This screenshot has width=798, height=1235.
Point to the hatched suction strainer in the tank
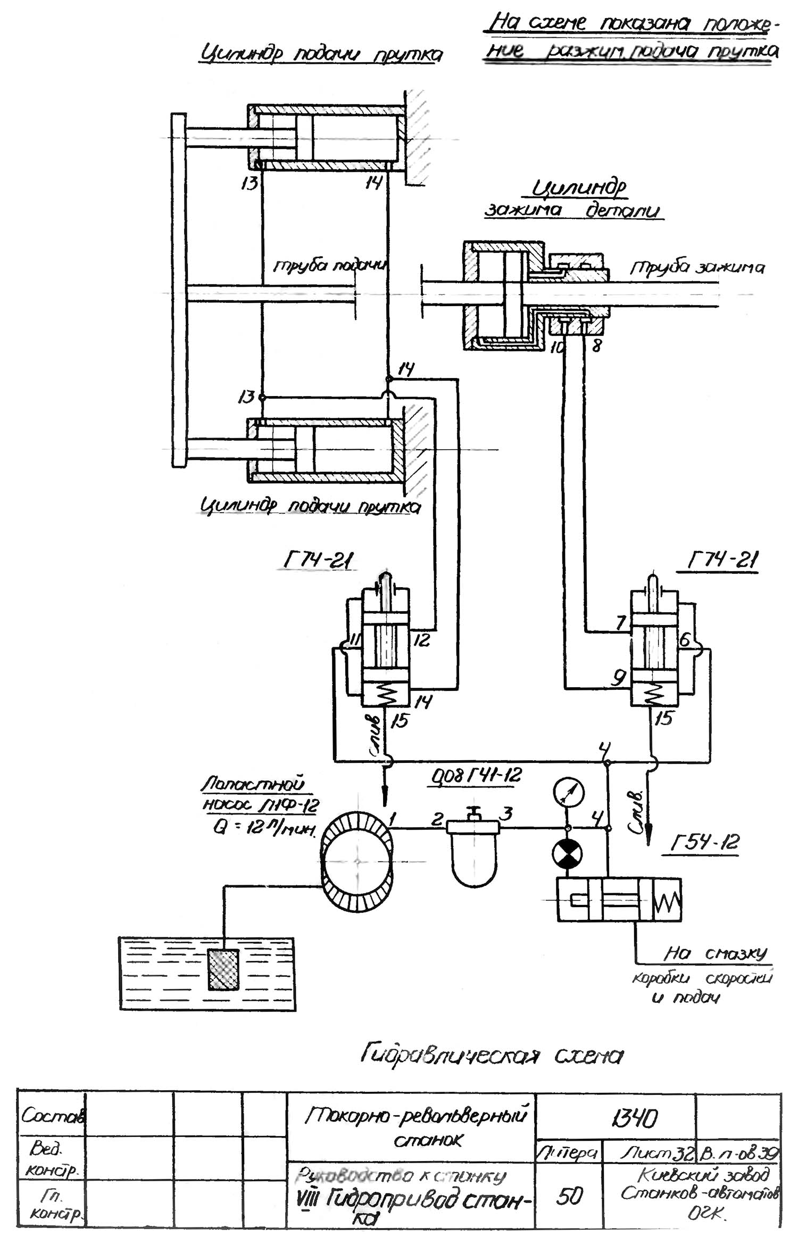(223, 970)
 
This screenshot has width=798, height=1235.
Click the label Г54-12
(704, 843)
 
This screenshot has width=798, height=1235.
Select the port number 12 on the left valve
(421, 639)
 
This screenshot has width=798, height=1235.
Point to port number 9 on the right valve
(618, 677)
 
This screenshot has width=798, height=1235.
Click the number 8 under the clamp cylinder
(596, 346)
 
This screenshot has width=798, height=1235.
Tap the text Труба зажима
(697, 267)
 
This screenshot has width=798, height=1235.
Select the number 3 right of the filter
(507, 813)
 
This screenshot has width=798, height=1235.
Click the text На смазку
(714, 952)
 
